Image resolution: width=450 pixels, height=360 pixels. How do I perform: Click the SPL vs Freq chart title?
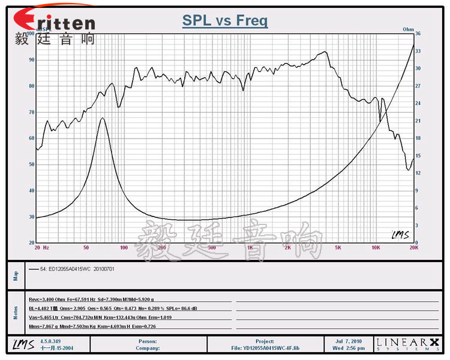coord(225,20)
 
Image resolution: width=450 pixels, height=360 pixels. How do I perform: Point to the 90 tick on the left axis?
coord(31,59)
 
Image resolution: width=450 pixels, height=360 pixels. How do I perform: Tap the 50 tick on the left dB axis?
coord(31,164)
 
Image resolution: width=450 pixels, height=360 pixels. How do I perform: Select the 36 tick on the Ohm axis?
coord(419,34)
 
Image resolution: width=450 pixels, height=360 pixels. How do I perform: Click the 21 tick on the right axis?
coord(419,121)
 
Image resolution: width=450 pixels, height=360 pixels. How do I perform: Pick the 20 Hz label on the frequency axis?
coord(41,247)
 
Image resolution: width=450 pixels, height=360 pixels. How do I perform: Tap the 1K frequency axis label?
coord(250,247)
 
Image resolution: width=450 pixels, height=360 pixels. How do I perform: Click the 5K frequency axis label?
coord(338,247)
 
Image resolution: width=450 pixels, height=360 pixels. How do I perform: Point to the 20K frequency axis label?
coord(413,247)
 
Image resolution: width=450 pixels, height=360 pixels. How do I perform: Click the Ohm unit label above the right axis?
coord(408,28)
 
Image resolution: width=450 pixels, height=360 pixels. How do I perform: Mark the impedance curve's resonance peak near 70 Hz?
coord(103,118)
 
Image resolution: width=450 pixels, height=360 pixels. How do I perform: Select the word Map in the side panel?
coord(16,275)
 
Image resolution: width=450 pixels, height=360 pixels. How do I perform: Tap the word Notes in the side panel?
coord(16,313)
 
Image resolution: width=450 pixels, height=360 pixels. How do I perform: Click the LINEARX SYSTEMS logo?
coord(408,344)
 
